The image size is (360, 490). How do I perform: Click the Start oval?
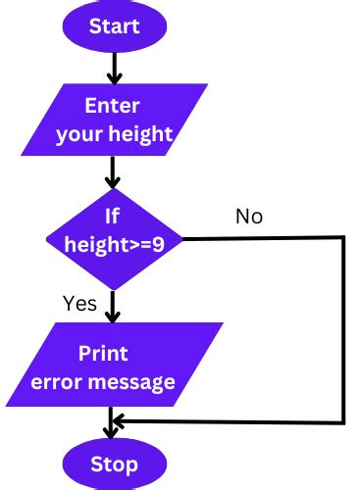[x=115, y=25]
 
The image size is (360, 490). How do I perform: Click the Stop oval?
[x=115, y=463]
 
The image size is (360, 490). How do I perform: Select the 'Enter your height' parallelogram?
[x=115, y=121]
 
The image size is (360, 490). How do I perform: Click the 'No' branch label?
[x=249, y=216]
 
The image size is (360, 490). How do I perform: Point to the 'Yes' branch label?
[x=79, y=303]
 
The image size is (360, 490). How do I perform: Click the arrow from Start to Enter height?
[x=115, y=67]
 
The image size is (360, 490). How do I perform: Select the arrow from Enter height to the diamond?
[x=115, y=174]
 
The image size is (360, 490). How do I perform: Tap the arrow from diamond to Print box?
[x=115, y=306]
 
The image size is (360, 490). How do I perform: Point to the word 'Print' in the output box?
[x=104, y=353]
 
